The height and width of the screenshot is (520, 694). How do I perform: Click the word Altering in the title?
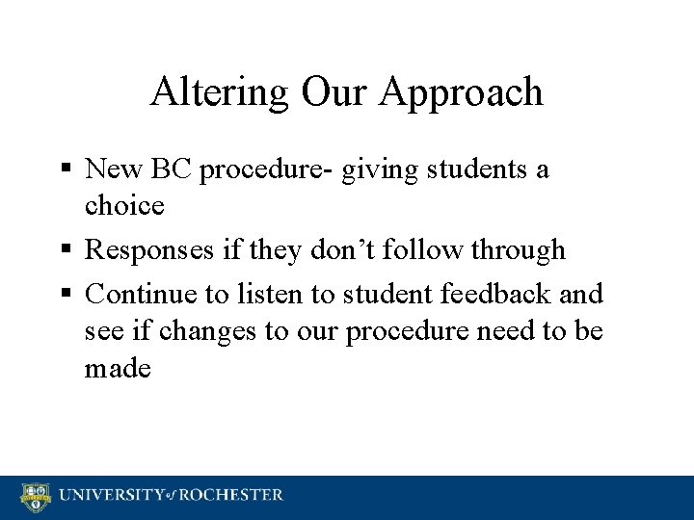click(212, 91)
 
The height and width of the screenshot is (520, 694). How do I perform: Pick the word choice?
click(124, 206)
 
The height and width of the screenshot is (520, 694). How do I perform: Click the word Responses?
click(165, 251)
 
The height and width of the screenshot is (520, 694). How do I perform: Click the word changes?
click(215, 330)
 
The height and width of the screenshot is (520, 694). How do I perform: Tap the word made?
click(119, 369)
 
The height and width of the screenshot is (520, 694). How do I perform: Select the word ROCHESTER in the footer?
click(228, 496)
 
